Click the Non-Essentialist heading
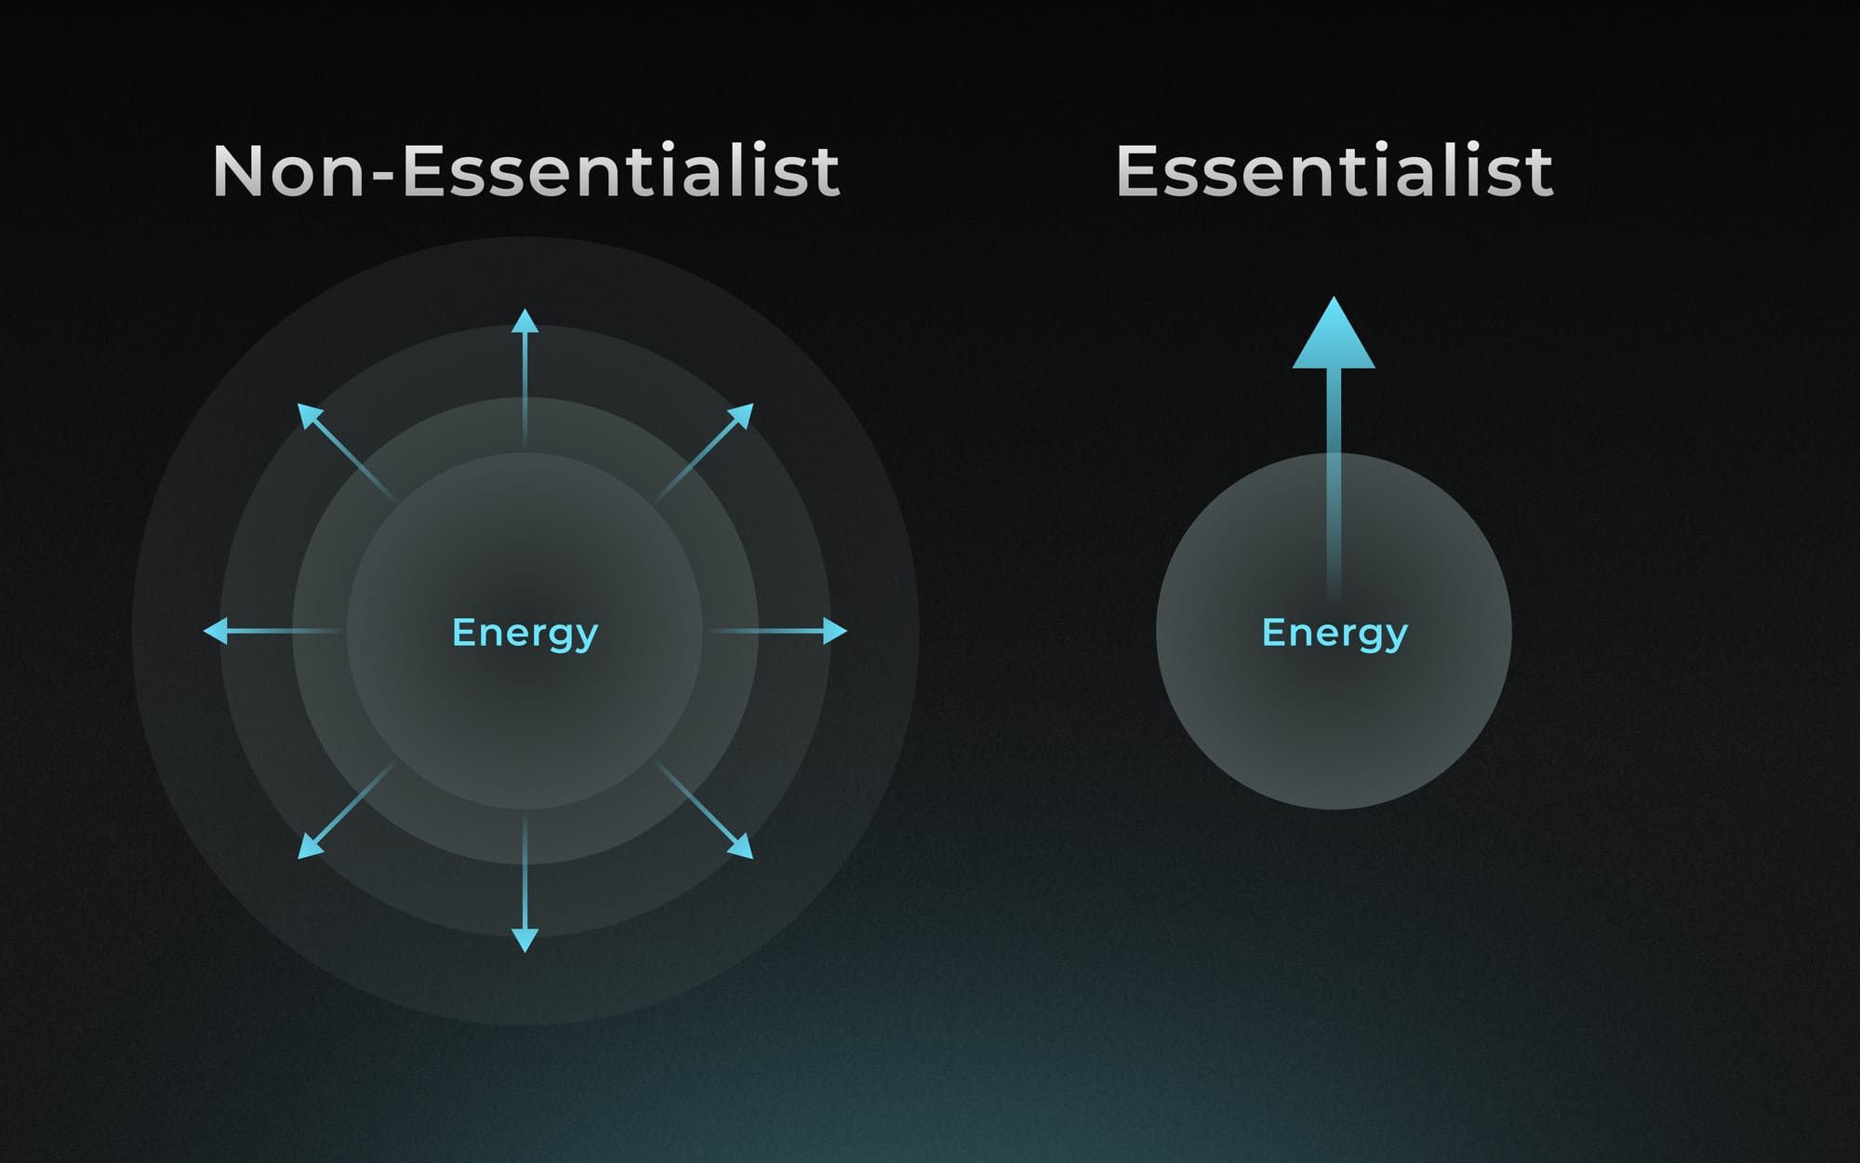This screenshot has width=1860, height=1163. [526, 170]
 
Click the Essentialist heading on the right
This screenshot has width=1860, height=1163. [1335, 170]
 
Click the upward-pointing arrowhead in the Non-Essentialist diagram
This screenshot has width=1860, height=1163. [525, 321]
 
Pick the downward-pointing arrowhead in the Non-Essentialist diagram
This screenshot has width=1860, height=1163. [525, 940]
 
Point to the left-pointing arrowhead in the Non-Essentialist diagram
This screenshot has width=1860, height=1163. [216, 631]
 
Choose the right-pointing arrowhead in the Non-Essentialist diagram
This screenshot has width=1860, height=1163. [835, 631]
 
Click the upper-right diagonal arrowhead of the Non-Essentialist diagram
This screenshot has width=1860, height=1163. [742, 415]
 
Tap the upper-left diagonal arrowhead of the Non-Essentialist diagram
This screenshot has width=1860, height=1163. [309, 415]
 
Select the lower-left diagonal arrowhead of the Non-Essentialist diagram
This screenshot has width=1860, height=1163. [309, 847]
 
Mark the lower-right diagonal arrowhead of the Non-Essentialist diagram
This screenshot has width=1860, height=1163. [742, 847]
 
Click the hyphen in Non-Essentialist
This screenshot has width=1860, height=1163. [382, 176]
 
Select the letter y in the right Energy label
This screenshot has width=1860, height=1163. [1396, 639]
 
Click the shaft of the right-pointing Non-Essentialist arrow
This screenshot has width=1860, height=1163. [766, 631]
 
